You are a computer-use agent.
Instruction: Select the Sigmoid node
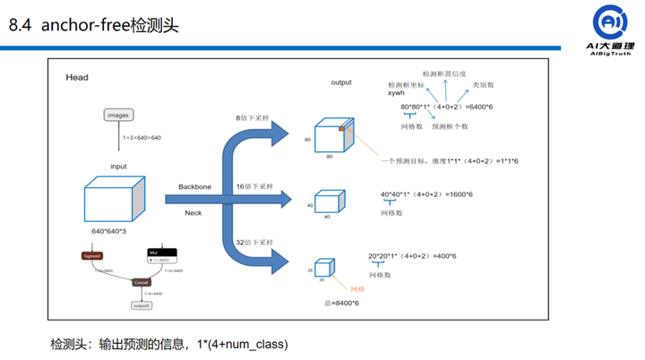(x=92, y=256)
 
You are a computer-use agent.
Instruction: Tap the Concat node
(x=141, y=282)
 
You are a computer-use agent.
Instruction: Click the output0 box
(x=141, y=305)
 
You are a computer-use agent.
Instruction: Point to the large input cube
(x=113, y=197)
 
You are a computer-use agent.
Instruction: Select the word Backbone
(x=194, y=187)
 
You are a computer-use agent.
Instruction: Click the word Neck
(x=193, y=213)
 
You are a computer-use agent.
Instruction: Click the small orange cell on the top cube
(x=341, y=131)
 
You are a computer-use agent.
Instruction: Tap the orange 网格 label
(x=357, y=288)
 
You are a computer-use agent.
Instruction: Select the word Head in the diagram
(x=77, y=78)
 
